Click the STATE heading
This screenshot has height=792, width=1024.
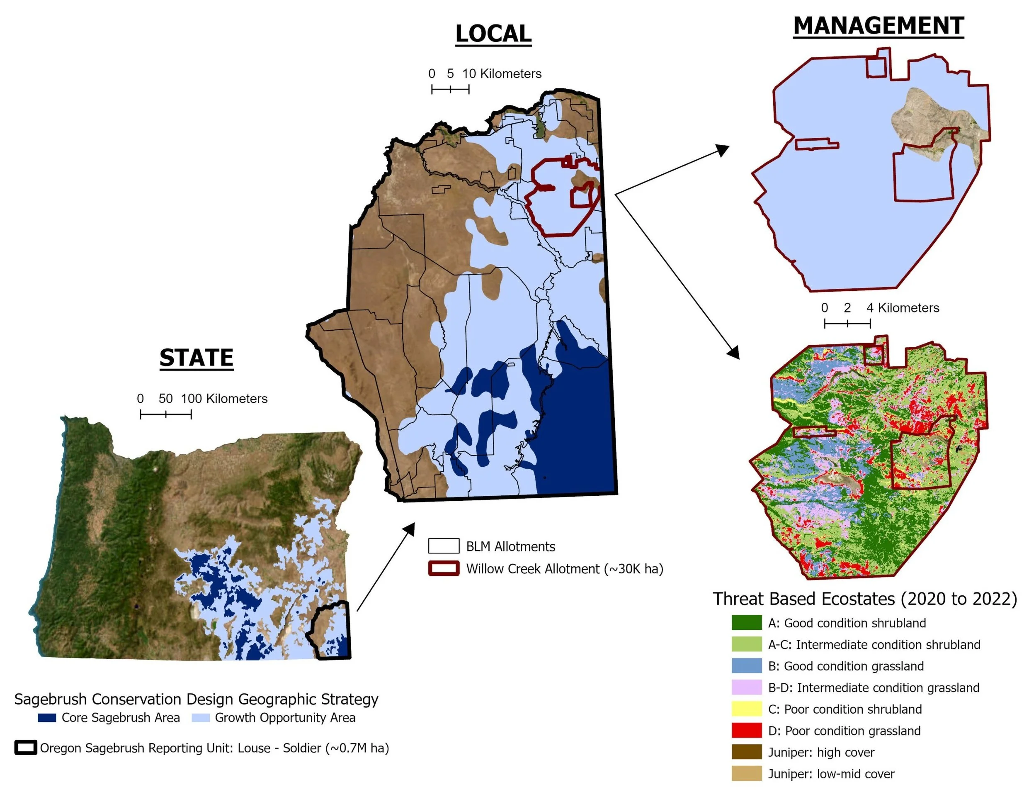pyautogui.click(x=196, y=358)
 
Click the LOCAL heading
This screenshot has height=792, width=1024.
pyautogui.click(x=493, y=34)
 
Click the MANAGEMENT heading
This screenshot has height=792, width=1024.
pyautogui.click(x=878, y=26)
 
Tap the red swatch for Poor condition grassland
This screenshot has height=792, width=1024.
pyautogui.click(x=746, y=731)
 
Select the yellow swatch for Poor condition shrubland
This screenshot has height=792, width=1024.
pyautogui.click(x=746, y=709)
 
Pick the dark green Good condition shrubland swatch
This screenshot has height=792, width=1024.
pyautogui.click(x=746, y=623)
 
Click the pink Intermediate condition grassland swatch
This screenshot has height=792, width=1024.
pyautogui.click(x=746, y=687)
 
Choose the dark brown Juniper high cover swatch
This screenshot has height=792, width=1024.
pyautogui.click(x=746, y=752)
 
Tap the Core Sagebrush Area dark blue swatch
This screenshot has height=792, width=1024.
pyautogui.click(x=47, y=718)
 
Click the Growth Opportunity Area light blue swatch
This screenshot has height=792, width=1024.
pyautogui.click(x=201, y=718)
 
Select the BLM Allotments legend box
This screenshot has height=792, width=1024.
pyautogui.click(x=443, y=546)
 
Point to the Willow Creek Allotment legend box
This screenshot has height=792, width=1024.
pyautogui.click(x=443, y=569)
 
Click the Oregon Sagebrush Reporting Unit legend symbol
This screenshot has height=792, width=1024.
pyautogui.click(x=26, y=748)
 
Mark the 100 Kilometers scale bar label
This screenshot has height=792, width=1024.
pyautogui.click(x=224, y=399)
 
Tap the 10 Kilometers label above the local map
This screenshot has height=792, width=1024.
pyautogui.click(x=502, y=74)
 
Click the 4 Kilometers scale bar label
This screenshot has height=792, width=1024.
pyautogui.click(x=903, y=308)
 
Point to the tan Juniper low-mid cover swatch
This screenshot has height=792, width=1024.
pyautogui.click(x=746, y=774)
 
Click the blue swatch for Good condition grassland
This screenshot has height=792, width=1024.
pyautogui.click(x=746, y=666)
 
